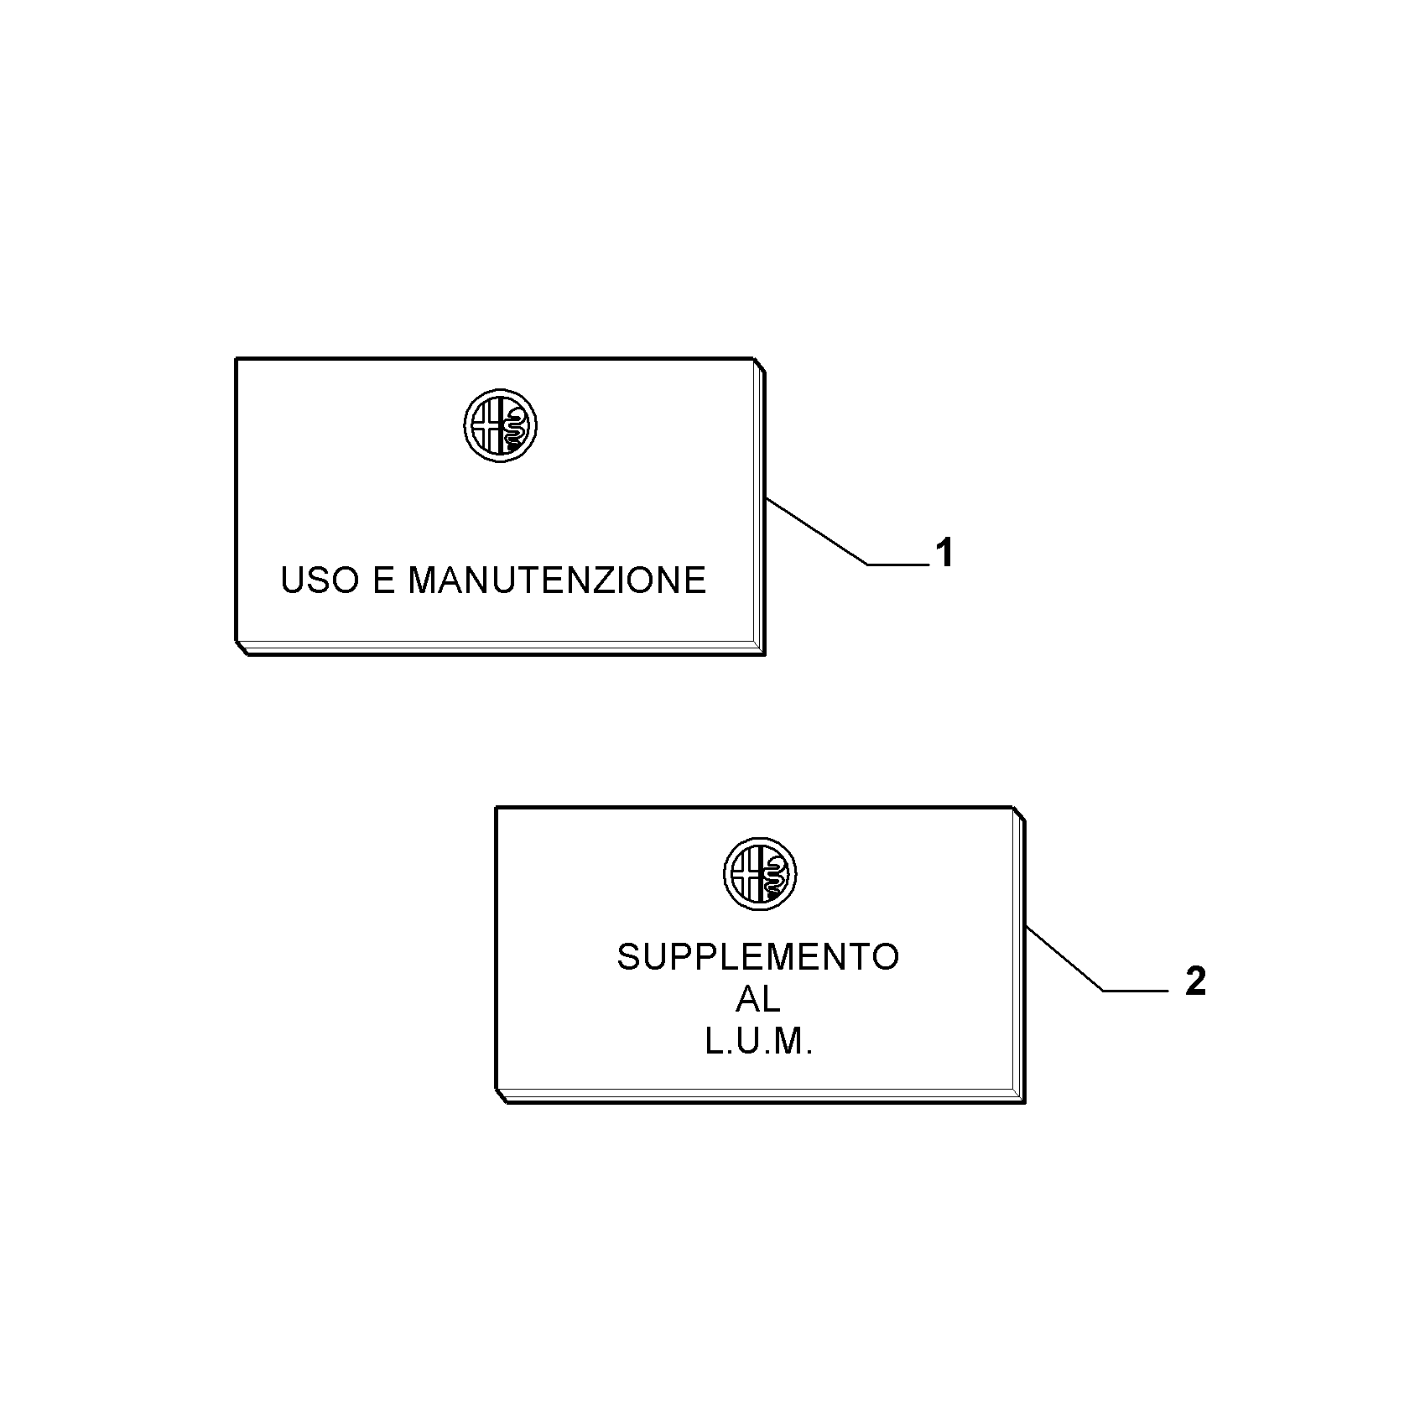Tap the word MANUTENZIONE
tap(557, 580)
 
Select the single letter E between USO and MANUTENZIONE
tap(382, 580)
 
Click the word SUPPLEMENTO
tap(758, 957)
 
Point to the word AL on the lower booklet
tap(758, 999)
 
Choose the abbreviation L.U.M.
tap(758, 1043)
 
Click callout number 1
tap(944, 554)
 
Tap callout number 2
tap(1195, 981)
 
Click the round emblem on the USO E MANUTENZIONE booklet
tap(500, 425)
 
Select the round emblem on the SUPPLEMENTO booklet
tap(760, 874)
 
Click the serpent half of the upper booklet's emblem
tap(514, 425)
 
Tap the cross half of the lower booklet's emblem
tap(746, 874)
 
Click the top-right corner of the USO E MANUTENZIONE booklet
tap(754, 359)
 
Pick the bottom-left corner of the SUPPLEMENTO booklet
tap(497, 1090)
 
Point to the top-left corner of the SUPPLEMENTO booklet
tap(497, 808)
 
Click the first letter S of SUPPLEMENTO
tap(629, 957)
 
